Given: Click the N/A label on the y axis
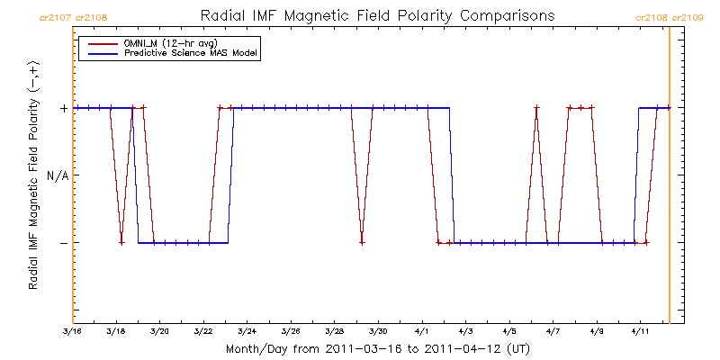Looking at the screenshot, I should tap(57, 175).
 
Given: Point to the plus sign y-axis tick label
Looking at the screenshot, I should tap(63, 108).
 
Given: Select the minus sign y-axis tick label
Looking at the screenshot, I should tap(63, 243).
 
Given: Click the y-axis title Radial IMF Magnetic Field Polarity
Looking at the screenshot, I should tap(33, 176).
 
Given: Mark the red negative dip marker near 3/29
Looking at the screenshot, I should tap(362, 243).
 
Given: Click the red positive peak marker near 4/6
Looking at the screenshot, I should tap(536, 108).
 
